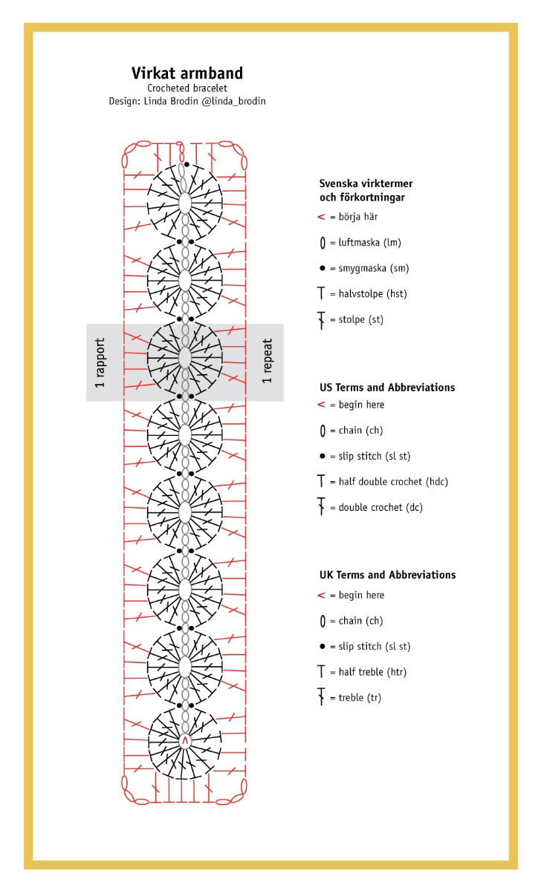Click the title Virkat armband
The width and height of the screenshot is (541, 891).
pos(187,73)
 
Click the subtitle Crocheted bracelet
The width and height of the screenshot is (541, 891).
pos(187,88)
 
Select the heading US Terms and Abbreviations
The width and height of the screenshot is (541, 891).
pos(386,388)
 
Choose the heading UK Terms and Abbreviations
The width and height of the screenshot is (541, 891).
pos(387,575)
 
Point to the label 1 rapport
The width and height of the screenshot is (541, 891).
pos(100,363)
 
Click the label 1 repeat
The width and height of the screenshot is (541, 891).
pos(268,362)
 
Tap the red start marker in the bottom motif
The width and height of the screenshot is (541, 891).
pos(185,740)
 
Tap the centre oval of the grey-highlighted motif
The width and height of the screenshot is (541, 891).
pos(185,358)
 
